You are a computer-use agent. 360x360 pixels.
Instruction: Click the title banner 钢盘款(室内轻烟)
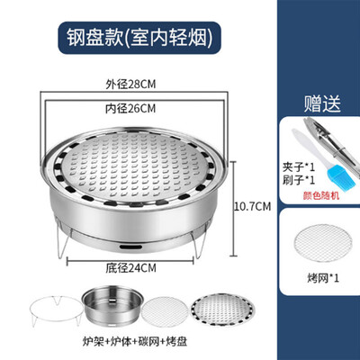click(139, 38)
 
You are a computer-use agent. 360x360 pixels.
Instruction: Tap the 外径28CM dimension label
click(130, 85)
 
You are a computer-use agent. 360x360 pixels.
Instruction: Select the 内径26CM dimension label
click(130, 108)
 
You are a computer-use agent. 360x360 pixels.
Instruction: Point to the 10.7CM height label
click(252, 206)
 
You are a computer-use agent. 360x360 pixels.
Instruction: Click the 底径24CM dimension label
click(130, 268)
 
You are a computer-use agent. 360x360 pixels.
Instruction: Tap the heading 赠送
click(322, 103)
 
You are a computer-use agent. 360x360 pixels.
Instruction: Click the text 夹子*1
click(299, 166)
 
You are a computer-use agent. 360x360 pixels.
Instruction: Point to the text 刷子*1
click(299, 180)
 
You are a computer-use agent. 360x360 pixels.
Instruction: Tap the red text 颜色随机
click(321, 195)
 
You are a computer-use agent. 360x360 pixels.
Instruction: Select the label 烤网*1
click(323, 278)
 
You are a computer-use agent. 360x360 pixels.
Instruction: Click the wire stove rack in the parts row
click(56, 310)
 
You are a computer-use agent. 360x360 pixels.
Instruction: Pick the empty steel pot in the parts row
click(112, 304)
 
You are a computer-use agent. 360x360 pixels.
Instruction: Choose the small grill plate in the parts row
click(222, 310)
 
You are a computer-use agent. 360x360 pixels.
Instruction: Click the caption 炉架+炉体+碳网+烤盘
click(135, 341)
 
